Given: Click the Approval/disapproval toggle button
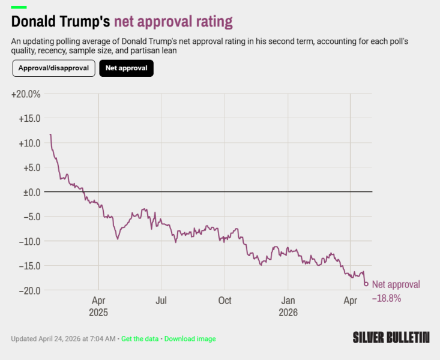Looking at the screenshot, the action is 53,68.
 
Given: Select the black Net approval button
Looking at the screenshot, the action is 126,68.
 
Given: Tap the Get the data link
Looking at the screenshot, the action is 140,338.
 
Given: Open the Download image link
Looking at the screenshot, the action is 190,338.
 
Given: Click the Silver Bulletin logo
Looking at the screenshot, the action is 391,337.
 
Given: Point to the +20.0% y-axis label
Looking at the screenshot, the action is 26,94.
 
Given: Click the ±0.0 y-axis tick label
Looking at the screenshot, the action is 32,192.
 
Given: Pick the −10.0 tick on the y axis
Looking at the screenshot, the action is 30,241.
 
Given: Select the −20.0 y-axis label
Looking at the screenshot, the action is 30,290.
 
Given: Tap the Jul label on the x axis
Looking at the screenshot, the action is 161,301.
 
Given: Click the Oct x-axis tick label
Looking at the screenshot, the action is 225,301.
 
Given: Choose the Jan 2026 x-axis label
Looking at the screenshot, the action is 288,307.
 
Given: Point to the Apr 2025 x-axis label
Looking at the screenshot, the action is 98,307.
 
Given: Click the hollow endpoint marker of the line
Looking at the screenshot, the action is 366,284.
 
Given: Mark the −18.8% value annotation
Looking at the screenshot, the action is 387,298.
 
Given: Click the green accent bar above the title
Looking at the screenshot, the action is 19,7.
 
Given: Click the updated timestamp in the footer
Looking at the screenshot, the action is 63,338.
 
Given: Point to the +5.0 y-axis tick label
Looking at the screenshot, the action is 32,168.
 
